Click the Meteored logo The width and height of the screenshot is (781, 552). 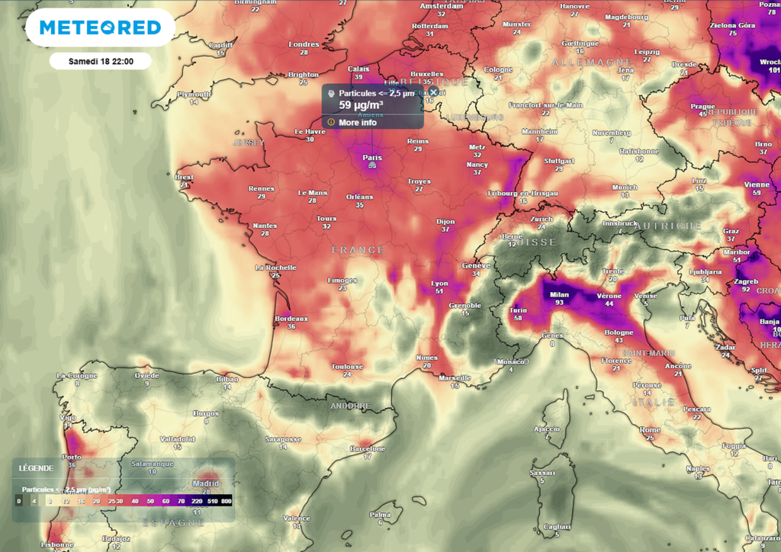pyautogui.click(x=100, y=28)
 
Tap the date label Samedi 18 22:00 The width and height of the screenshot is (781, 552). pyautogui.click(x=101, y=61)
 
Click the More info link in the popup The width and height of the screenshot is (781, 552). pyautogui.click(x=357, y=122)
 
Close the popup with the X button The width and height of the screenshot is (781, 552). pyautogui.click(x=433, y=92)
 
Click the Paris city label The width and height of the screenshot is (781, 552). pyautogui.click(x=371, y=158)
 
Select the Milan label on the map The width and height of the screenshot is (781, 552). pyautogui.click(x=559, y=294)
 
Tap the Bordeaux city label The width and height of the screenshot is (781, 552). pyautogui.click(x=291, y=318)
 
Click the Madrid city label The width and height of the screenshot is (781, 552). pyautogui.click(x=205, y=483)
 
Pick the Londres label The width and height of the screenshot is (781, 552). pyautogui.click(x=304, y=44)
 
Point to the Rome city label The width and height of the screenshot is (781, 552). pyautogui.click(x=650, y=430)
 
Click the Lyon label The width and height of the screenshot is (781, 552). pyautogui.click(x=439, y=282)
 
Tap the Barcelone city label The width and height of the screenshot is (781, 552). pyautogui.click(x=367, y=449)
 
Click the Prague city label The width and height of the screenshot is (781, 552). pyautogui.click(x=702, y=106)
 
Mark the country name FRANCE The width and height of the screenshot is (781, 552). pyautogui.click(x=358, y=250)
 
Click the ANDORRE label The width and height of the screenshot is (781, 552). pyautogui.click(x=350, y=406)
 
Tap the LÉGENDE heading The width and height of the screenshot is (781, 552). pyautogui.click(x=36, y=468)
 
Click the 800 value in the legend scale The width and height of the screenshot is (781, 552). pyautogui.click(x=225, y=501)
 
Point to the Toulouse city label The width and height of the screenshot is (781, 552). pyautogui.click(x=347, y=366)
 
